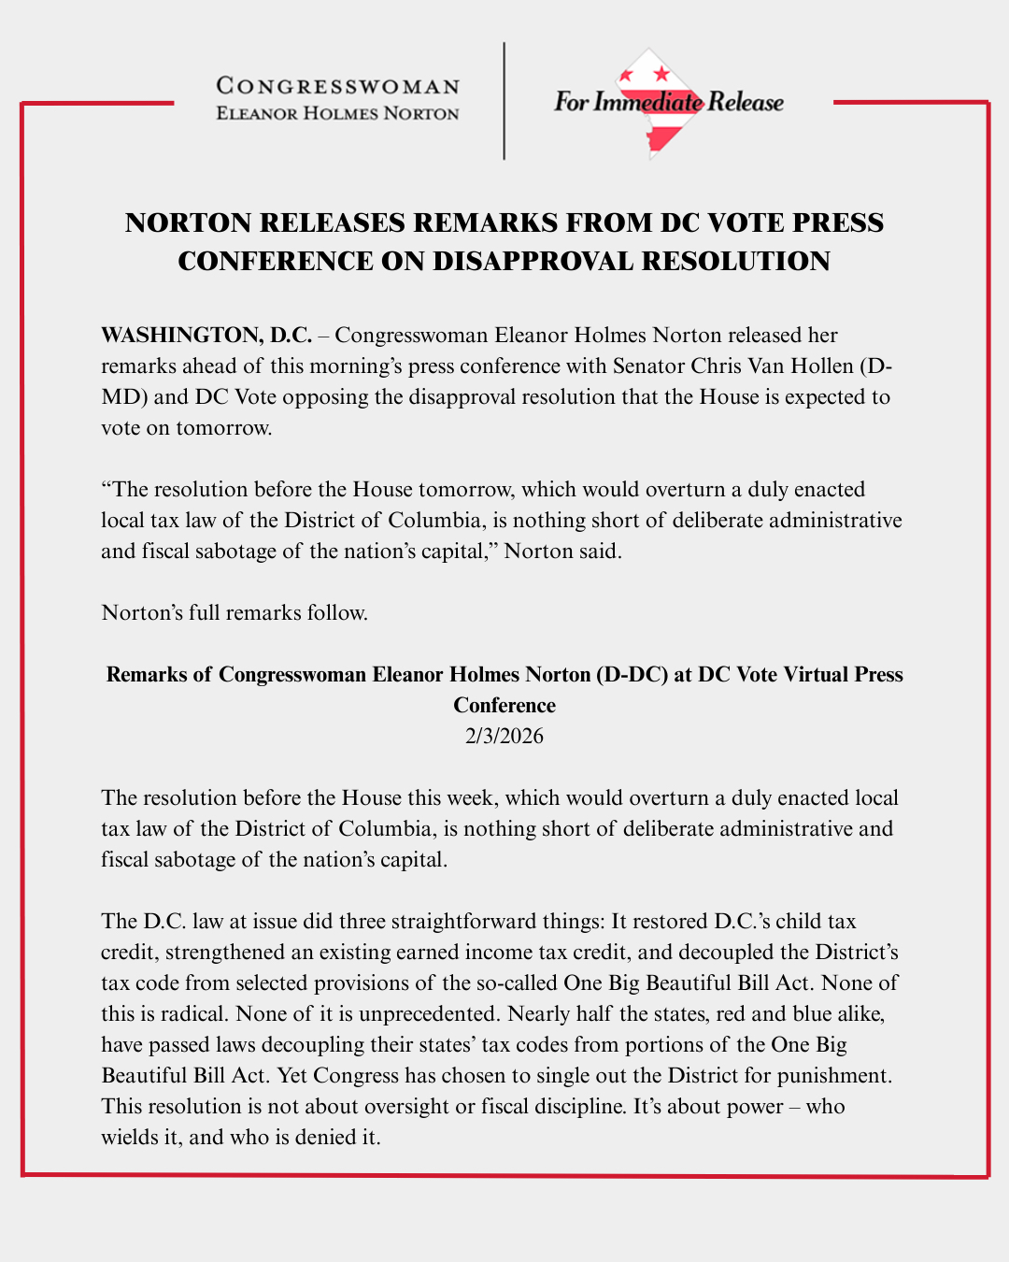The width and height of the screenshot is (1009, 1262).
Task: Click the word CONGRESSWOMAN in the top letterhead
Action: [x=338, y=87]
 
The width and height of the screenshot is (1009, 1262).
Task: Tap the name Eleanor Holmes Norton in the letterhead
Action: [x=338, y=114]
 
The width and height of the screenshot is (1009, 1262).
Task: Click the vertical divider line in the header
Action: [x=504, y=101]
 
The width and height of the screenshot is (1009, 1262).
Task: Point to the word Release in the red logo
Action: [x=745, y=102]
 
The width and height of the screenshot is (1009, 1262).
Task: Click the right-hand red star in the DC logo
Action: [x=661, y=74]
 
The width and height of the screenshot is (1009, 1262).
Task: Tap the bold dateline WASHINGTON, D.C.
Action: [x=206, y=336]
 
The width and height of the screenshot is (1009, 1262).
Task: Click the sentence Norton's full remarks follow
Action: [x=234, y=613]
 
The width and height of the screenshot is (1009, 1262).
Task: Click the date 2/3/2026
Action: [x=504, y=737]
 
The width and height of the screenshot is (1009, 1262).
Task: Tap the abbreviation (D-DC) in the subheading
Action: [x=632, y=675]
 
